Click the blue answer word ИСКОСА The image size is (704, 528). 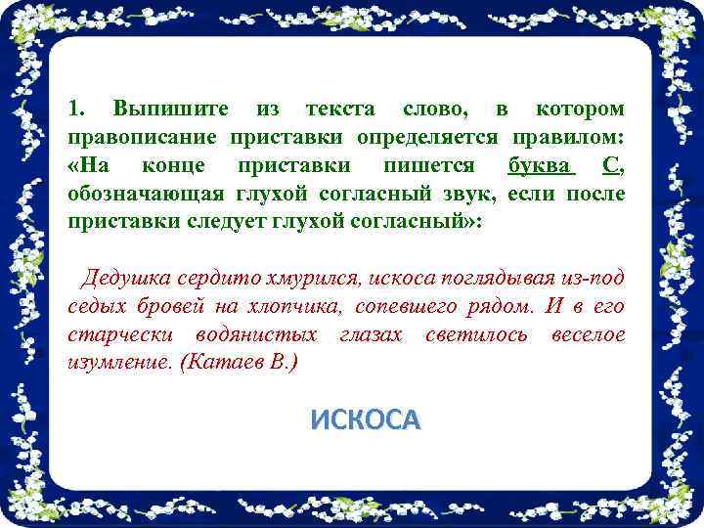click(x=365, y=419)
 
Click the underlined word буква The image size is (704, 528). click(x=539, y=163)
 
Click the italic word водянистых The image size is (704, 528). click(x=255, y=335)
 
